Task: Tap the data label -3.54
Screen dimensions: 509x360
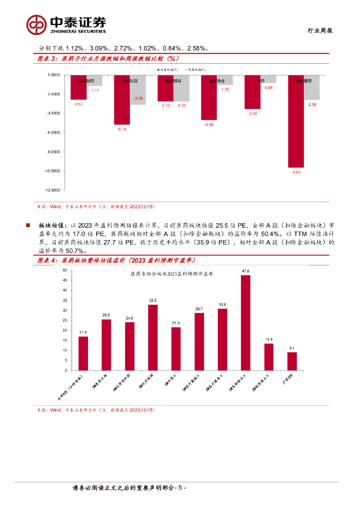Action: [x=253, y=114]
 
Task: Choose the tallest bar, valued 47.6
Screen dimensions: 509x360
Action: [x=246, y=323]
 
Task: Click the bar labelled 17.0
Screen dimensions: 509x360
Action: [x=83, y=353]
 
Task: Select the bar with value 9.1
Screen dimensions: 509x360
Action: [x=292, y=361]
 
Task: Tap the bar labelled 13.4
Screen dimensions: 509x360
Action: [x=269, y=357]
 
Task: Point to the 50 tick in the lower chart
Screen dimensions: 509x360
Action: [x=65, y=270]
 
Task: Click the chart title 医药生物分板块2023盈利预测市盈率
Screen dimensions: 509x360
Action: [x=171, y=274]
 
